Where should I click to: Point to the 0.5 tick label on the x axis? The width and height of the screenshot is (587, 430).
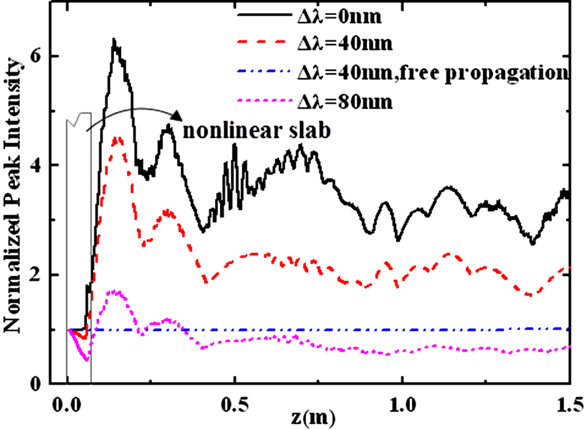235,405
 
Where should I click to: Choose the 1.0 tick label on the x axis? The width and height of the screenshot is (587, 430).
402,405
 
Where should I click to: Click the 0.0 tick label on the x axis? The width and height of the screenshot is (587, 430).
67,405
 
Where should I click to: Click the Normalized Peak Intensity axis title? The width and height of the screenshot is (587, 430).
14,197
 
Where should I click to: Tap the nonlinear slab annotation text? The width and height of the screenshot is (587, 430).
257,132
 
